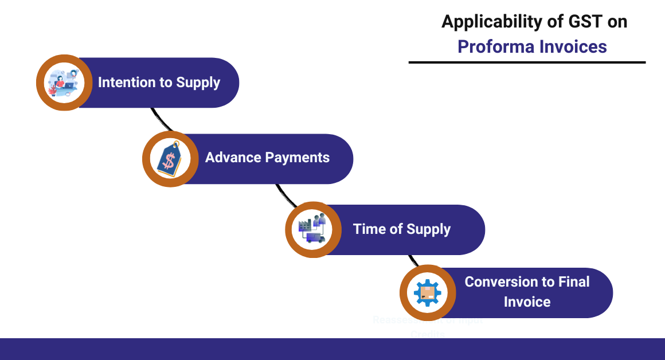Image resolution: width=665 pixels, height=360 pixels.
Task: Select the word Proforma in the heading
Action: click(x=494, y=46)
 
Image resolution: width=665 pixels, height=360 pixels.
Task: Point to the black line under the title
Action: click(x=527, y=62)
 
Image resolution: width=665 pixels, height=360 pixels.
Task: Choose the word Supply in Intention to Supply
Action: click(x=198, y=83)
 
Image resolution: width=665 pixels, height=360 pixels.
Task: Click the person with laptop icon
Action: click(x=64, y=83)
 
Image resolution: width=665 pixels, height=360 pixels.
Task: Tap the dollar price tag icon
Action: click(x=170, y=159)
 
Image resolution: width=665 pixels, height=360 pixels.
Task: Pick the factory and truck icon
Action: click(x=312, y=229)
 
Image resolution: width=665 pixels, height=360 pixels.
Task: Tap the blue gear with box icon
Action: click(x=427, y=293)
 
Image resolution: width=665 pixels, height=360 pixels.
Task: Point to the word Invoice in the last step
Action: click(x=527, y=302)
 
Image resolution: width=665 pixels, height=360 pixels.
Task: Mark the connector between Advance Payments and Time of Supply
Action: click(x=287, y=195)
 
